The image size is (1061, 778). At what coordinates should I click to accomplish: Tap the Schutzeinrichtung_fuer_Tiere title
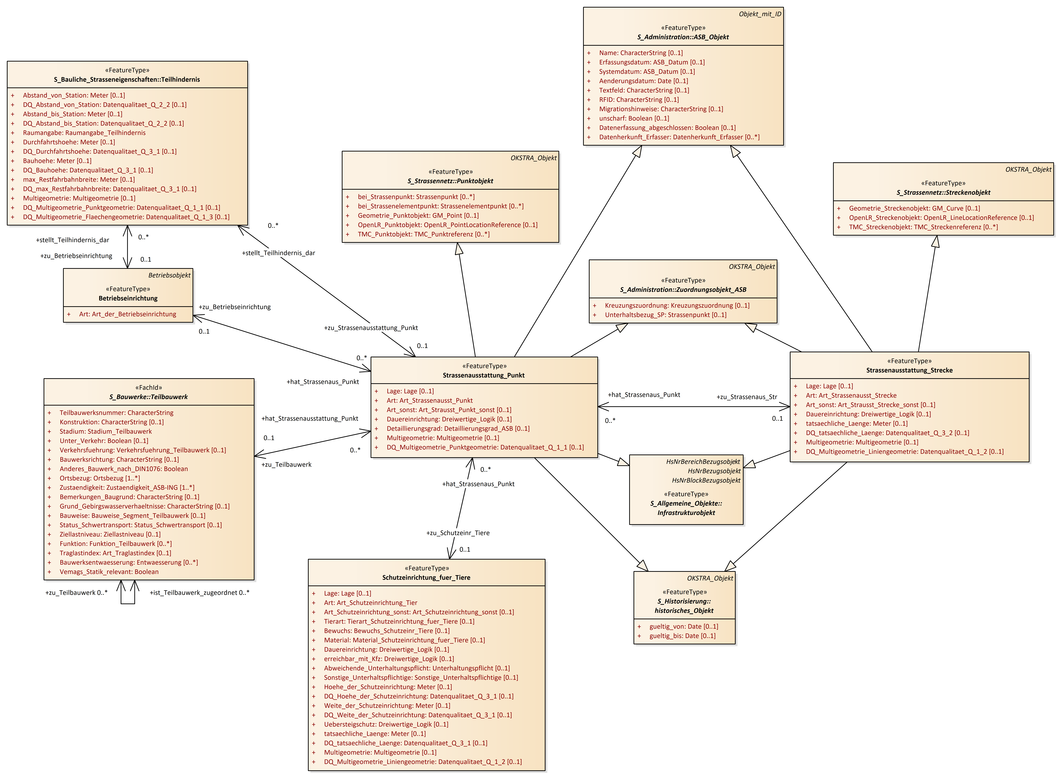(x=426, y=577)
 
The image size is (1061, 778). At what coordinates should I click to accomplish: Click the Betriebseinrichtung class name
(x=128, y=298)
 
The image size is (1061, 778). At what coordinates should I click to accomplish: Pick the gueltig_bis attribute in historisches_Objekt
(x=682, y=636)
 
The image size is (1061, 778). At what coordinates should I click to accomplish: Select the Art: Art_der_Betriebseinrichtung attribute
(x=127, y=314)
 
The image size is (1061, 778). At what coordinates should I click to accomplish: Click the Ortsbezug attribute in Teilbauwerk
(x=99, y=478)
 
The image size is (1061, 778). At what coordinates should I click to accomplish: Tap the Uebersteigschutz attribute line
(x=386, y=724)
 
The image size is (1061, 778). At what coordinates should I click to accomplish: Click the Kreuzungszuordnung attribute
(x=677, y=305)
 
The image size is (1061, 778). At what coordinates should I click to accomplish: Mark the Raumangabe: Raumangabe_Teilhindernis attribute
(x=84, y=133)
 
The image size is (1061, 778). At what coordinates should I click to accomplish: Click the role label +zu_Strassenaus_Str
(x=747, y=397)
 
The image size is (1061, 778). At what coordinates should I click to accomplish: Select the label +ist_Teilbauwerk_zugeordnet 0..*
(x=199, y=592)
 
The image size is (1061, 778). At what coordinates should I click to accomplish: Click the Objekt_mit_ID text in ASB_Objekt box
(x=759, y=14)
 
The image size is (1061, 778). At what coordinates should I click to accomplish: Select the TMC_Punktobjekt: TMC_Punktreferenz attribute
(x=423, y=234)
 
